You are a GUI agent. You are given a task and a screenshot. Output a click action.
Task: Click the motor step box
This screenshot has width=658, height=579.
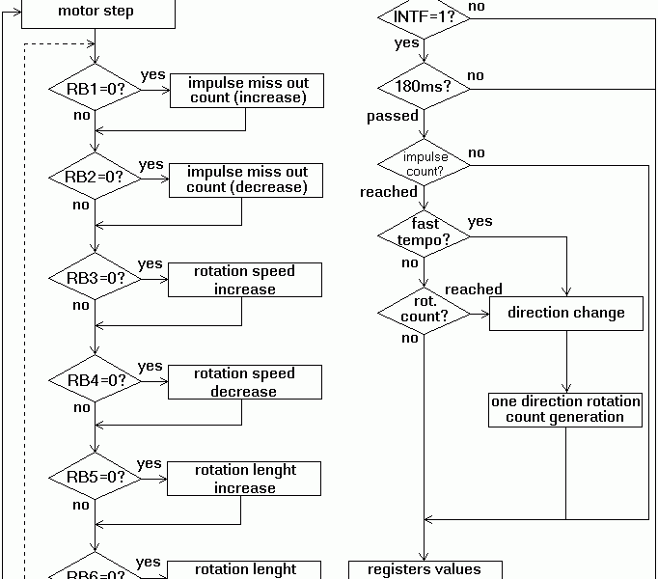pos(96,13)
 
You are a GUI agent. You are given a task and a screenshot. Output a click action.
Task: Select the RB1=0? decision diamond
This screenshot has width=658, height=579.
pos(96,90)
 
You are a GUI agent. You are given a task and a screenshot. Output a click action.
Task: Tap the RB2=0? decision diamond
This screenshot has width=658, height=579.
pos(96,178)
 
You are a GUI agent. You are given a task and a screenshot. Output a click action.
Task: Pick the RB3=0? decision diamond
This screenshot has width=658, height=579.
pos(96,278)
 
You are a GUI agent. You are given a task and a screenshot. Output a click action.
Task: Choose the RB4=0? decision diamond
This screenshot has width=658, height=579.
pos(96,380)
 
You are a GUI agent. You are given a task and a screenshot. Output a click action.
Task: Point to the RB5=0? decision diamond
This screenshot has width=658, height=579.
pos(96,477)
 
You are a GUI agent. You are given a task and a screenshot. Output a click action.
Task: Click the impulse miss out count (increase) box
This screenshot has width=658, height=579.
pos(247,89)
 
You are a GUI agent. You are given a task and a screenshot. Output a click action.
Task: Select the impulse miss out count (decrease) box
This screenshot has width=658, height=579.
pos(247,179)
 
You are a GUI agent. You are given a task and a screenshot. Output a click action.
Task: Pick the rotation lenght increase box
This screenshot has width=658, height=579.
pos(245,479)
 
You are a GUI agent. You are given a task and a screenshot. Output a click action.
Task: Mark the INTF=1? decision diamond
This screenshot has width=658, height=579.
pos(424,16)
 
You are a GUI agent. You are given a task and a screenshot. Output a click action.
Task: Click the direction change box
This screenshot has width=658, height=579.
pos(566,313)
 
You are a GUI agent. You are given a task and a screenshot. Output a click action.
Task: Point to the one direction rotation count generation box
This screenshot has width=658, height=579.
pos(566,409)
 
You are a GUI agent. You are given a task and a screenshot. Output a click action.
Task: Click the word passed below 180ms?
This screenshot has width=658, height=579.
pos(393,116)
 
